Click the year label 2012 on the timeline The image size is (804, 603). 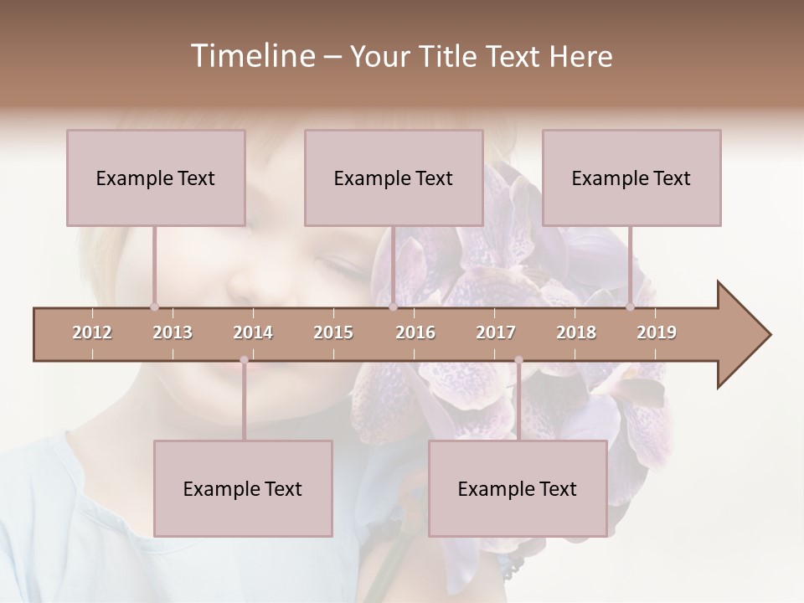click(x=92, y=332)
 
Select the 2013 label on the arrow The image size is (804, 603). click(x=173, y=332)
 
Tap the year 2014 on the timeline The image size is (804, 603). click(x=253, y=332)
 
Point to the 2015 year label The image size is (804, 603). click(x=333, y=332)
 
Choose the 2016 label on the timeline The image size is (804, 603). click(x=415, y=332)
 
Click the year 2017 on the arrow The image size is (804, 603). click(x=496, y=332)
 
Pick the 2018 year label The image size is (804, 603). click(x=576, y=332)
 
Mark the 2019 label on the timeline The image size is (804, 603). click(x=657, y=332)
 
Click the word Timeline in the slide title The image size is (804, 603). click(x=251, y=56)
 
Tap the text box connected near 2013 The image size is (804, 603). click(x=156, y=178)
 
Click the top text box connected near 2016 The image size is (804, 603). click(x=394, y=178)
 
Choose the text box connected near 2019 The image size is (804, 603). click(x=631, y=178)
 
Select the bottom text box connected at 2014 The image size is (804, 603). click(x=243, y=488)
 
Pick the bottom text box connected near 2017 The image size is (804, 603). click(x=518, y=488)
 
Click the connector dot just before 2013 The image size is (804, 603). click(x=154, y=307)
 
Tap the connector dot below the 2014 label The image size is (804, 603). click(x=244, y=361)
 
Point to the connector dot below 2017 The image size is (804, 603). click(x=518, y=361)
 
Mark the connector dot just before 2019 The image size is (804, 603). click(x=631, y=307)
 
